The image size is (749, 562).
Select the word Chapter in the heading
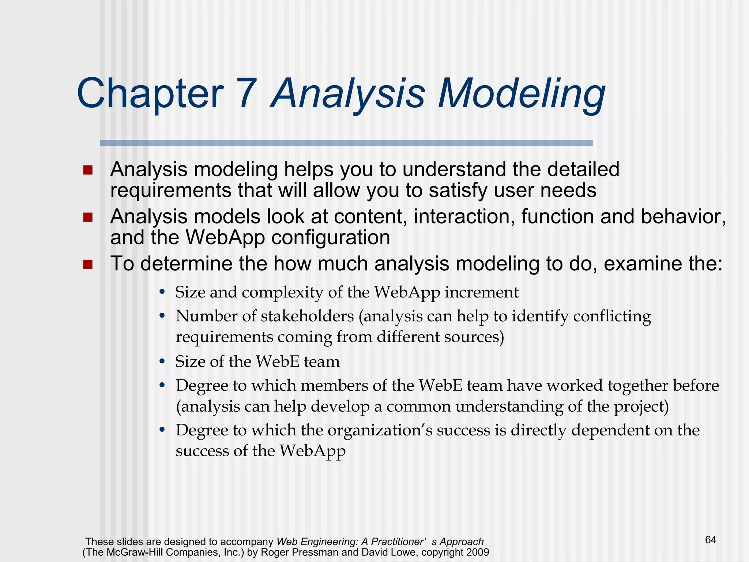pyautogui.click(x=150, y=94)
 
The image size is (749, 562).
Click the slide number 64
pyautogui.click(x=710, y=540)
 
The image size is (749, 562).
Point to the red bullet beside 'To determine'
pyautogui.click(x=88, y=264)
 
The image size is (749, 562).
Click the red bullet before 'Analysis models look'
pyautogui.click(x=88, y=218)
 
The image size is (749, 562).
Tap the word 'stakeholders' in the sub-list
pyautogui.click(x=307, y=316)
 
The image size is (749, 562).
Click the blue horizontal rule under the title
pyautogui.click(x=346, y=143)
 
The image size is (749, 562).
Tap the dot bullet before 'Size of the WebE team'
pyautogui.click(x=162, y=362)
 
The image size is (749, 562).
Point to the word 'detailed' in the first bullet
pyautogui.click(x=584, y=170)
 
